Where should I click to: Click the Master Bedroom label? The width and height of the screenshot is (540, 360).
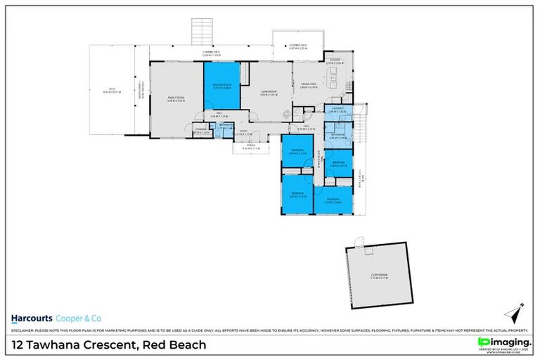click(x=222, y=86)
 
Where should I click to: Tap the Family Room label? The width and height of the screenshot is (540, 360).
click(x=176, y=99)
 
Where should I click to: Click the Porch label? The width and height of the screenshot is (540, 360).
click(x=251, y=147)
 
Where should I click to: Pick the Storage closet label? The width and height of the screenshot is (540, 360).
click(x=200, y=131)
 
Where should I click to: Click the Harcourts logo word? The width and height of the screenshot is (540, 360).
click(x=34, y=316)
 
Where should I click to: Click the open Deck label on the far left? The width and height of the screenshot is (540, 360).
click(x=109, y=91)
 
